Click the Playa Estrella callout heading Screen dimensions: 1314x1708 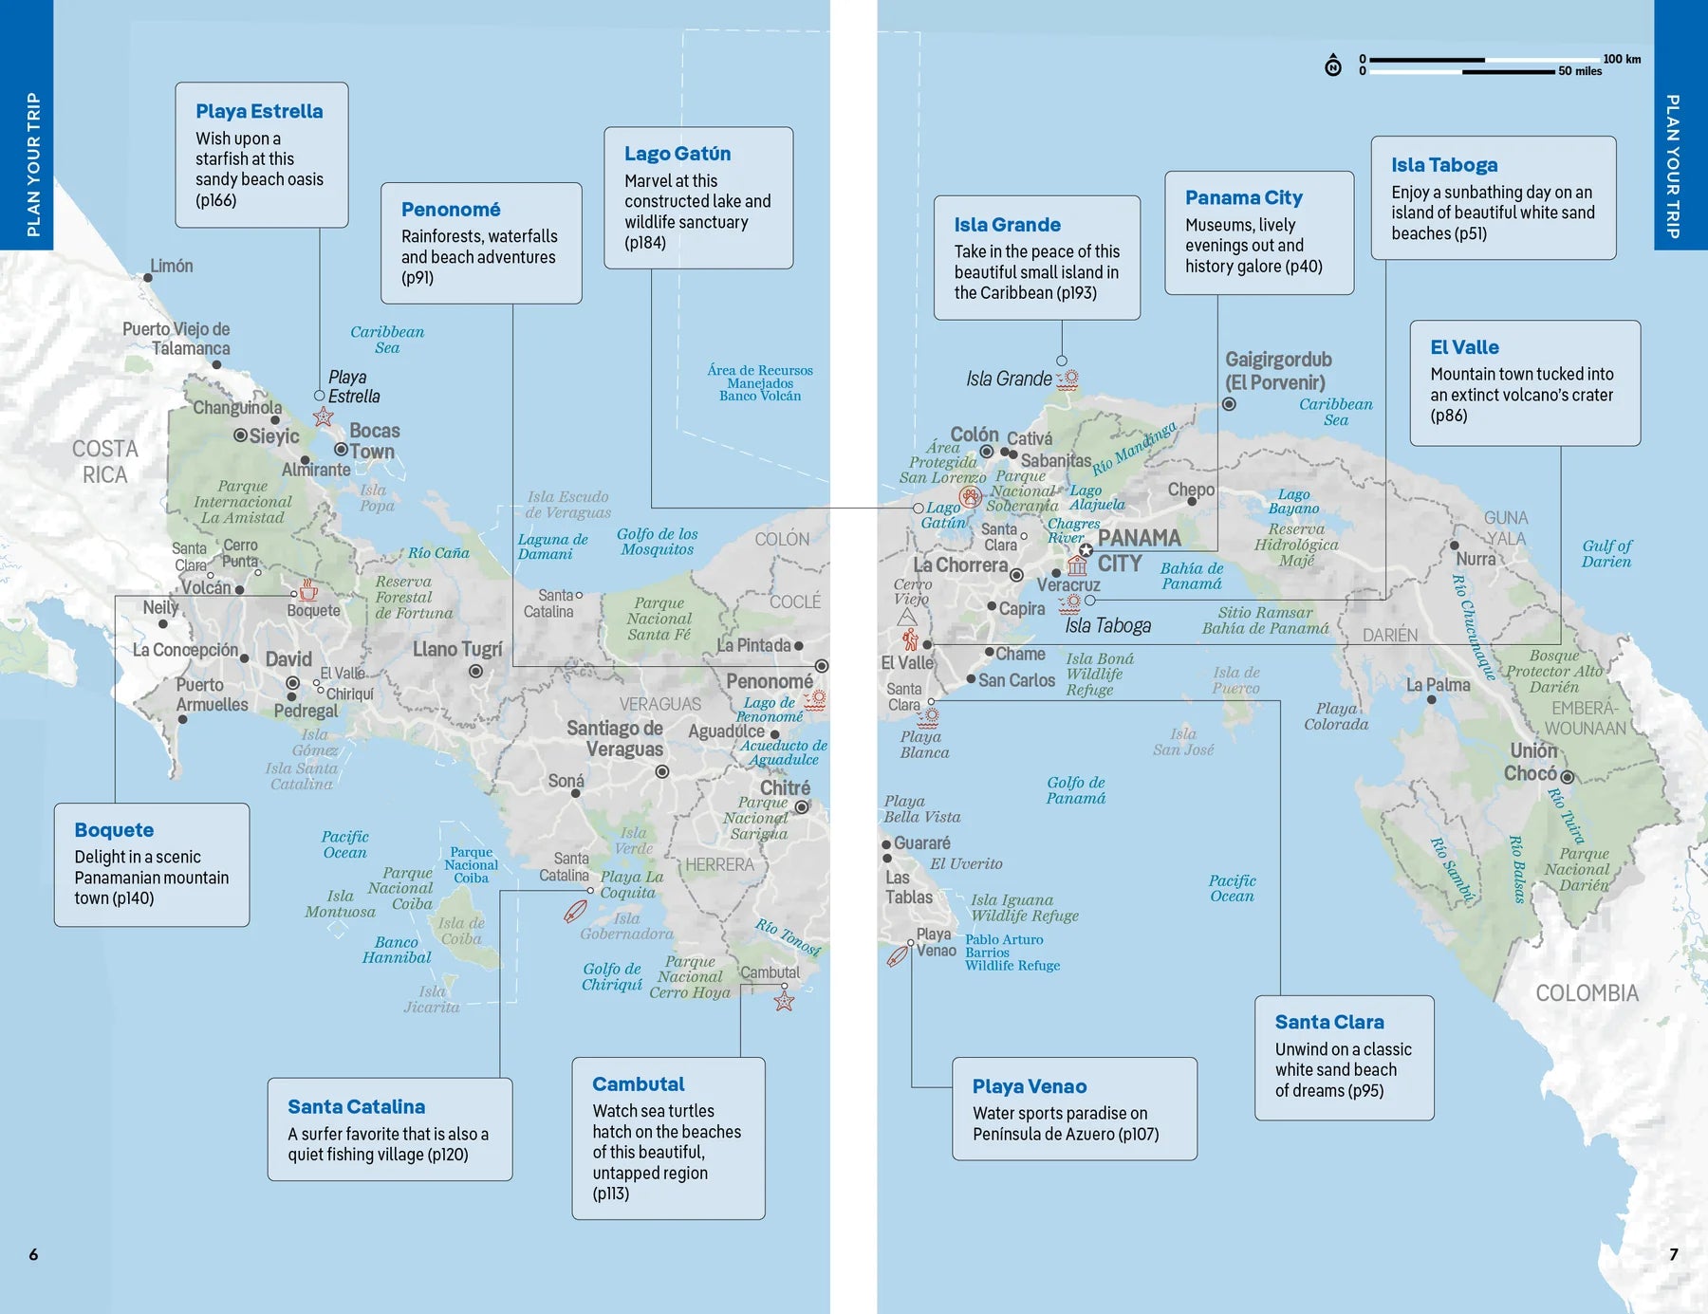click(x=259, y=111)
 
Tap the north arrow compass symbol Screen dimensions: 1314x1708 click(x=1333, y=65)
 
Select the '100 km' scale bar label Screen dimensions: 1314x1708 click(x=1622, y=59)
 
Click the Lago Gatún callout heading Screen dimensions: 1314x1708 click(x=678, y=154)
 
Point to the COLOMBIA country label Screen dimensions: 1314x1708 click(x=1587, y=993)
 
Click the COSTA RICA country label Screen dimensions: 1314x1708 click(x=104, y=461)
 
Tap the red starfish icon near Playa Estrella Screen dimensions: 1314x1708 click(x=324, y=416)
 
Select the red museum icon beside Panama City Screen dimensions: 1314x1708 click(x=1077, y=566)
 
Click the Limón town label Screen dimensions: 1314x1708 click(x=172, y=266)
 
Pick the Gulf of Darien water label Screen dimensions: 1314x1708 click(x=1606, y=553)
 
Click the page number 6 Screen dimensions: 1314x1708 click(x=33, y=1254)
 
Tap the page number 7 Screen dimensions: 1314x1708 click(x=1674, y=1254)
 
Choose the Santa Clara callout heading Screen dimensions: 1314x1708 click(x=1328, y=1022)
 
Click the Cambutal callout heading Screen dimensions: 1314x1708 click(x=638, y=1083)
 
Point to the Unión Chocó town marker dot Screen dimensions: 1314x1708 click(x=1568, y=777)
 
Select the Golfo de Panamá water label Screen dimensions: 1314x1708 click(x=1075, y=790)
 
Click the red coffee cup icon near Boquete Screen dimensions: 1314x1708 click(x=308, y=590)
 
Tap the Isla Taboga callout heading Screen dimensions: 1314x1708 click(x=1443, y=165)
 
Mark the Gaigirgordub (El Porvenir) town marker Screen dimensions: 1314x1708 click(x=1229, y=404)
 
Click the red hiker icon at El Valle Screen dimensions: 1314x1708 click(x=910, y=638)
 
